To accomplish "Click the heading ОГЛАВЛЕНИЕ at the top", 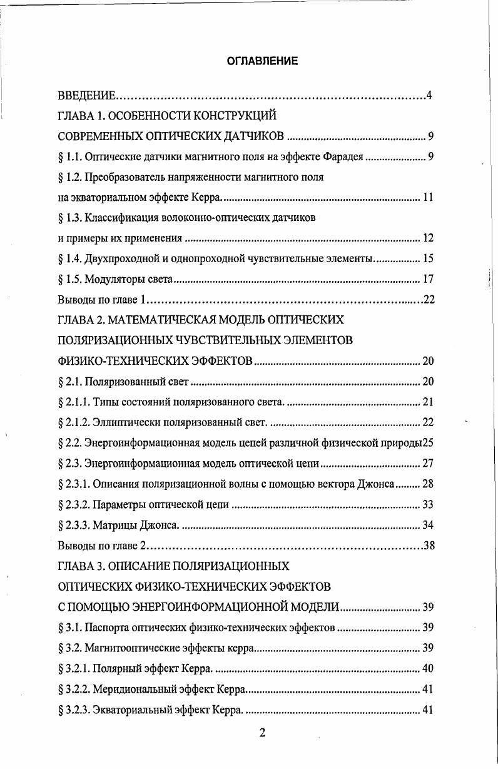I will pos(262,61).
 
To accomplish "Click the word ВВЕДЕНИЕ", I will pos(86,96).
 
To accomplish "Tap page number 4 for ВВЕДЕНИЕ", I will pos(429,96).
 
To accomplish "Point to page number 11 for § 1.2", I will pos(428,198).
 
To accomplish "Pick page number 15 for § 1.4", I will pos(428,258).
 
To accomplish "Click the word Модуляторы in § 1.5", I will pos(113,278).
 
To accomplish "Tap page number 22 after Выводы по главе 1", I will pos(429,299).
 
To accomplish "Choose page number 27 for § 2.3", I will pos(428,464).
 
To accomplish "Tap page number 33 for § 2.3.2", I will pos(428,504).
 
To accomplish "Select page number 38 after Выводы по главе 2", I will pos(429,545).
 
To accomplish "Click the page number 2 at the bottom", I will pos(262,733).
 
